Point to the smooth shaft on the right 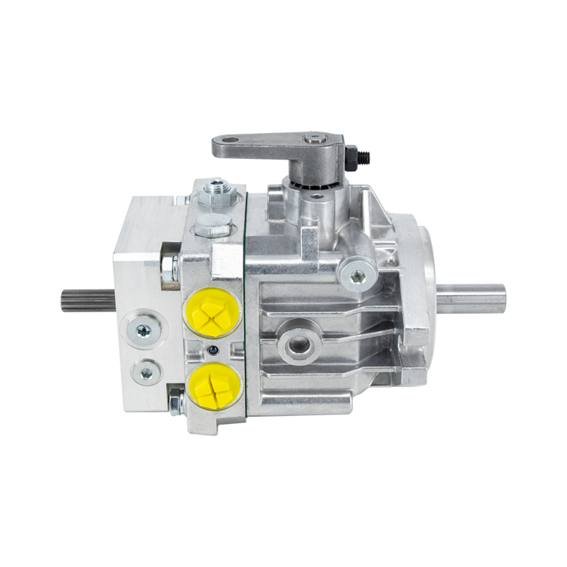click(x=472, y=298)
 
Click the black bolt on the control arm click(x=353, y=157)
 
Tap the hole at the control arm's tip click(x=227, y=143)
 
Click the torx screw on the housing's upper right click(x=358, y=276)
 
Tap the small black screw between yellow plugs click(x=214, y=349)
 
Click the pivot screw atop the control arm click(x=311, y=139)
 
